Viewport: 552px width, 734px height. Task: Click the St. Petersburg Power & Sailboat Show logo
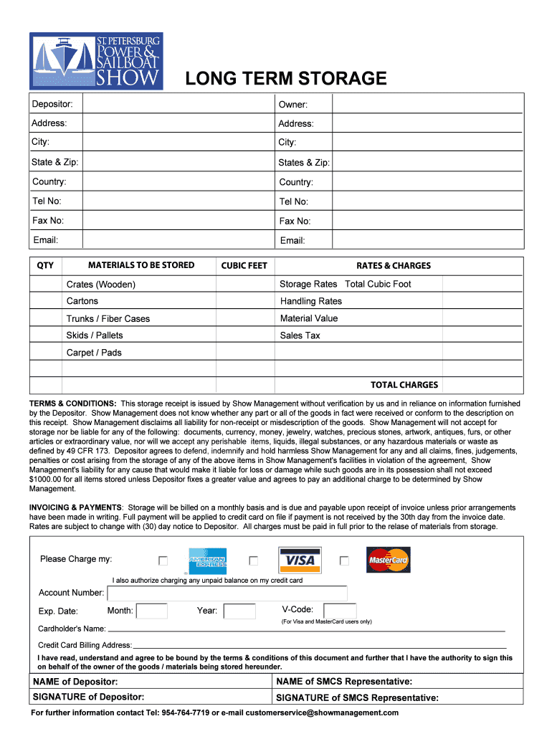point(96,61)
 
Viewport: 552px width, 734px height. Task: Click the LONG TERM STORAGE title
point(286,78)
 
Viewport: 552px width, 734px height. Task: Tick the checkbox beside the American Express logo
point(163,561)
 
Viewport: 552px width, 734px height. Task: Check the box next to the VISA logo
point(253,561)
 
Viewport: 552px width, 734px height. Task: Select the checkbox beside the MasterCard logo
point(344,561)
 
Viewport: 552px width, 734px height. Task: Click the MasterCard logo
point(389,560)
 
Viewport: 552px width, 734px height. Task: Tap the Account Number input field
point(227,593)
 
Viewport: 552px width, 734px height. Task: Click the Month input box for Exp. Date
point(152,611)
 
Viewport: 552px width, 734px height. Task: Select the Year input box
point(239,611)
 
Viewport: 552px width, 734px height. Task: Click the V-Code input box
point(339,610)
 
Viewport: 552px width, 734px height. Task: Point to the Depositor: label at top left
point(57,105)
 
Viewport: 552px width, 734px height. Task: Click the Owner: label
point(293,105)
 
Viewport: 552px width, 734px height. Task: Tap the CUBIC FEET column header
point(244,265)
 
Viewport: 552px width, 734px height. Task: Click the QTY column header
point(45,265)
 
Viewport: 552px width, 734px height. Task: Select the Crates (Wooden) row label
point(101,285)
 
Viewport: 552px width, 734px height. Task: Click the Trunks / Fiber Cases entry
point(108,318)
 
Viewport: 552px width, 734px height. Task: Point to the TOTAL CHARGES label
point(404,385)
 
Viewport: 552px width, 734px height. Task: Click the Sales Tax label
point(300,335)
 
